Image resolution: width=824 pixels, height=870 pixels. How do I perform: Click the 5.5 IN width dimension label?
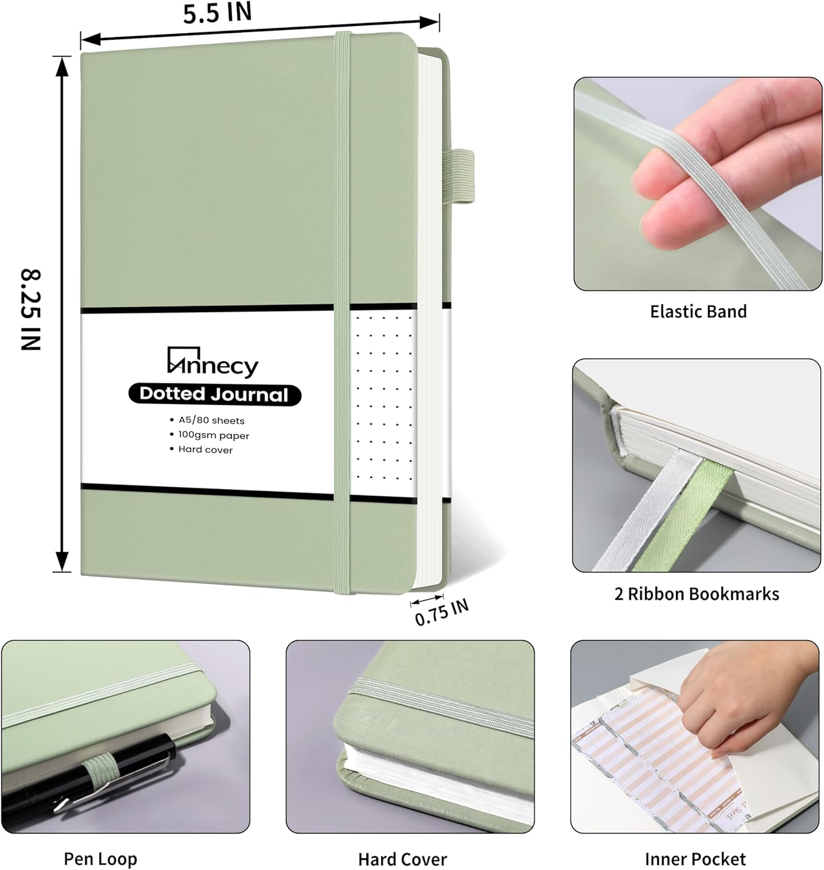pyautogui.click(x=217, y=13)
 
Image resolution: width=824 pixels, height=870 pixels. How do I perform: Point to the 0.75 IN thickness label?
pyautogui.click(x=442, y=612)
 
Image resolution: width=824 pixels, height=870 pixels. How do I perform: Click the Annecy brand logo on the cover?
pyautogui.click(x=213, y=362)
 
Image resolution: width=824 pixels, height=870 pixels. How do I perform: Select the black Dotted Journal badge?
pyautogui.click(x=214, y=394)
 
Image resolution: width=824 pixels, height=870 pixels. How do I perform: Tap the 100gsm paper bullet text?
pyautogui.click(x=213, y=435)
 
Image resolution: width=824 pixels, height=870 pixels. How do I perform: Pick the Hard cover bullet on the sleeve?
pyautogui.click(x=205, y=449)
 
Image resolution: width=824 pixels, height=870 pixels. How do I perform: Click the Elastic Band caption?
pyautogui.click(x=698, y=311)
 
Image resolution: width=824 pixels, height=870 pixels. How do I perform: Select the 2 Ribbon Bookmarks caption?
pyautogui.click(x=697, y=594)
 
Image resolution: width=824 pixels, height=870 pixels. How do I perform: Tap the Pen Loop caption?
pyautogui.click(x=100, y=859)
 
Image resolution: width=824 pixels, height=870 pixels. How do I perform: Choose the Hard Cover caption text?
pyautogui.click(x=402, y=859)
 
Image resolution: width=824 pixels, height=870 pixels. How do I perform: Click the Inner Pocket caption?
pyautogui.click(x=695, y=859)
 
